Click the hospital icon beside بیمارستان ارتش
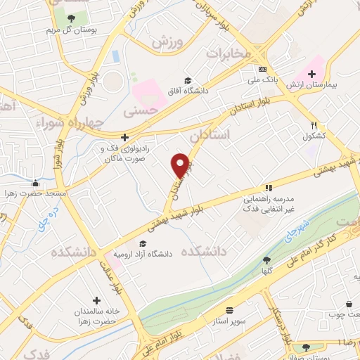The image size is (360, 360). pyautogui.click(x=311, y=73)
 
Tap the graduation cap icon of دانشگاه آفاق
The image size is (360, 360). pyautogui.click(x=187, y=80)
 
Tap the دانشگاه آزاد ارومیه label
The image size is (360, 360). pyautogui.click(x=146, y=254)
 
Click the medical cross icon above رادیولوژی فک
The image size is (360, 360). pyautogui.click(x=124, y=137)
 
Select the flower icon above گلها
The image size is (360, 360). pyautogui.click(x=266, y=260)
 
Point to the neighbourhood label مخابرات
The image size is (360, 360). pyautogui.click(x=229, y=53)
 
